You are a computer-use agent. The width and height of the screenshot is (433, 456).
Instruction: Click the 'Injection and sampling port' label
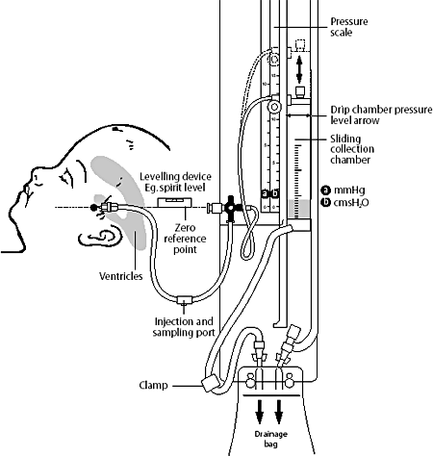point(181,326)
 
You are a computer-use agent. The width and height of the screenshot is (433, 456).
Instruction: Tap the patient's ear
point(99,237)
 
